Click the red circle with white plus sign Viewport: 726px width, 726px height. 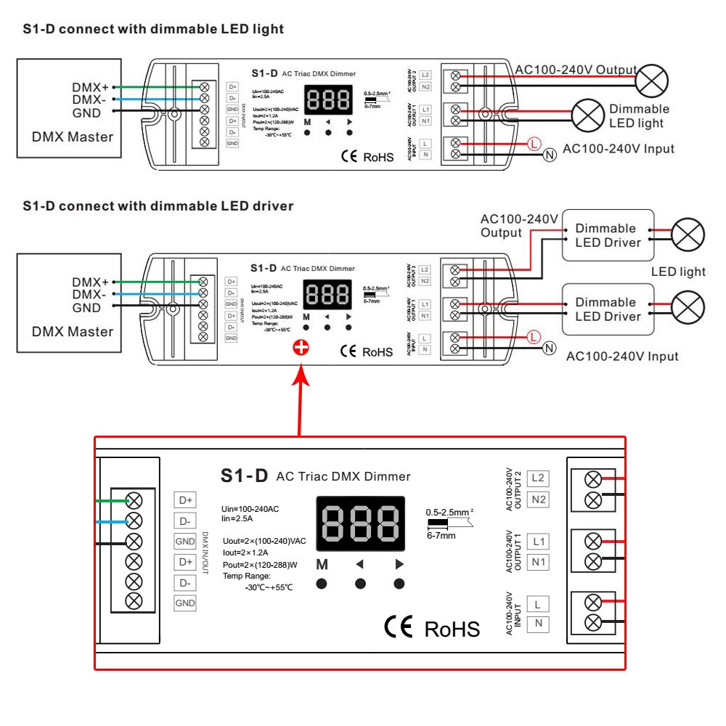(300, 348)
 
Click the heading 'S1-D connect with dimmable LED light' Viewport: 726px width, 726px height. (153, 29)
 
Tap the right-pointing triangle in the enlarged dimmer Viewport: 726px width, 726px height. (399, 564)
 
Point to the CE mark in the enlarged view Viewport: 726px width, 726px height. (398, 627)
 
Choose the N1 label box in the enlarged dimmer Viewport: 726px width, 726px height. (538, 562)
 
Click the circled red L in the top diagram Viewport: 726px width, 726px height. (534, 143)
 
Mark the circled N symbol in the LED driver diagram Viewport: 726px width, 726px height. (550, 348)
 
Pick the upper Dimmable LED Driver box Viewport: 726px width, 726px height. (608, 235)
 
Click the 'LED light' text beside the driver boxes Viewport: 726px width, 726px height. (678, 272)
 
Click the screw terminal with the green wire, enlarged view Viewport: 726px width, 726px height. (134, 500)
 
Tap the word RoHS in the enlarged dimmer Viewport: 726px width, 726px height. (452, 629)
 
